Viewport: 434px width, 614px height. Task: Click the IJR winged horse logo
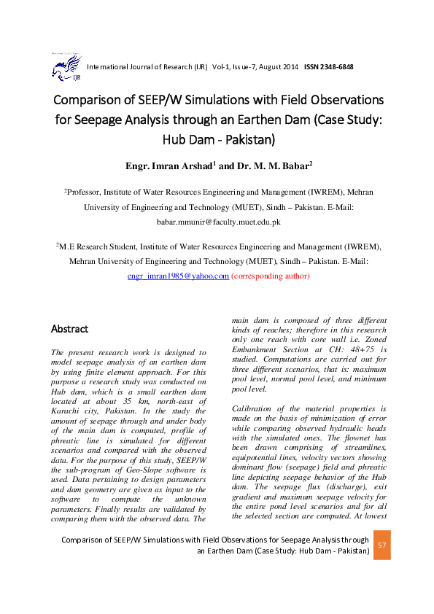point(61,66)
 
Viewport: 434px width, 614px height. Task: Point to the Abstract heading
point(69,329)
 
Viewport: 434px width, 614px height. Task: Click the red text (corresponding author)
point(271,276)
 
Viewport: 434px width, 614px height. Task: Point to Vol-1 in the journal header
point(221,67)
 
